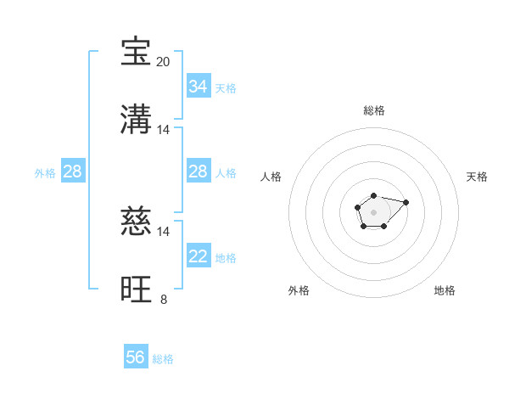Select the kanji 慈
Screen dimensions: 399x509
click(136, 222)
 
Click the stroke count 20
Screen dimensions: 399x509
click(164, 62)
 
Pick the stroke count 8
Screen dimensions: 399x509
click(164, 300)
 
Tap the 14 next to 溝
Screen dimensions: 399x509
click(164, 130)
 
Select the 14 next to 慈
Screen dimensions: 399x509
click(164, 232)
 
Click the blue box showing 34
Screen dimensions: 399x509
click(199, 87)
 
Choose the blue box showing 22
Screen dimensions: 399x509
click(199, 256)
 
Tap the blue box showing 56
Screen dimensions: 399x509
click(136, 357)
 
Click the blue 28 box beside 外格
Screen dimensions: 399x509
click(73, 171)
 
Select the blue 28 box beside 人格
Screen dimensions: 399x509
click(199, 171)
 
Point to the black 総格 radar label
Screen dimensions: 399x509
click(374, 110)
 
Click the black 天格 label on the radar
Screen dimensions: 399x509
click(477, 177)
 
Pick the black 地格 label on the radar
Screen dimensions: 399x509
click(445, 290)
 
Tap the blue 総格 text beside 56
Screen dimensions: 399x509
click(163, 359)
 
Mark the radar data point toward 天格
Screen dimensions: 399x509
click(406, 202)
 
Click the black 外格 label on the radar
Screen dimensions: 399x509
click(299, 290)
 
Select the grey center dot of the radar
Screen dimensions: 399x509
click(373, 211)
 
